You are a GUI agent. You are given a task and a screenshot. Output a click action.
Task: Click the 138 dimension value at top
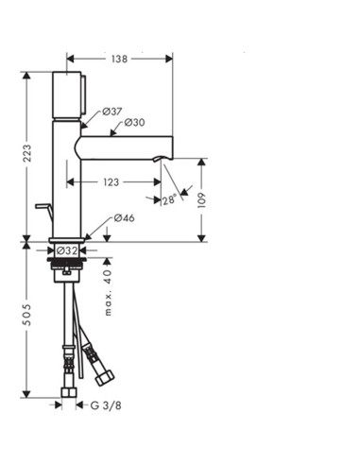[x=119, y=58]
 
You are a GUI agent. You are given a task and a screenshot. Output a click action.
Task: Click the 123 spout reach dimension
[x=112, y=181]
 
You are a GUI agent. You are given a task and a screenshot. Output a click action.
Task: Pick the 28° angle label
[x=167, y=199]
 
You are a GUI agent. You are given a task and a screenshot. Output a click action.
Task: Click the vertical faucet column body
[x=68, y=180]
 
